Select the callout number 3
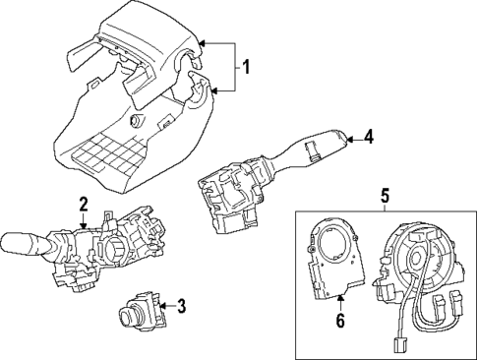181,307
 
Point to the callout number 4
368,139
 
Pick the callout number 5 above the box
384,196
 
